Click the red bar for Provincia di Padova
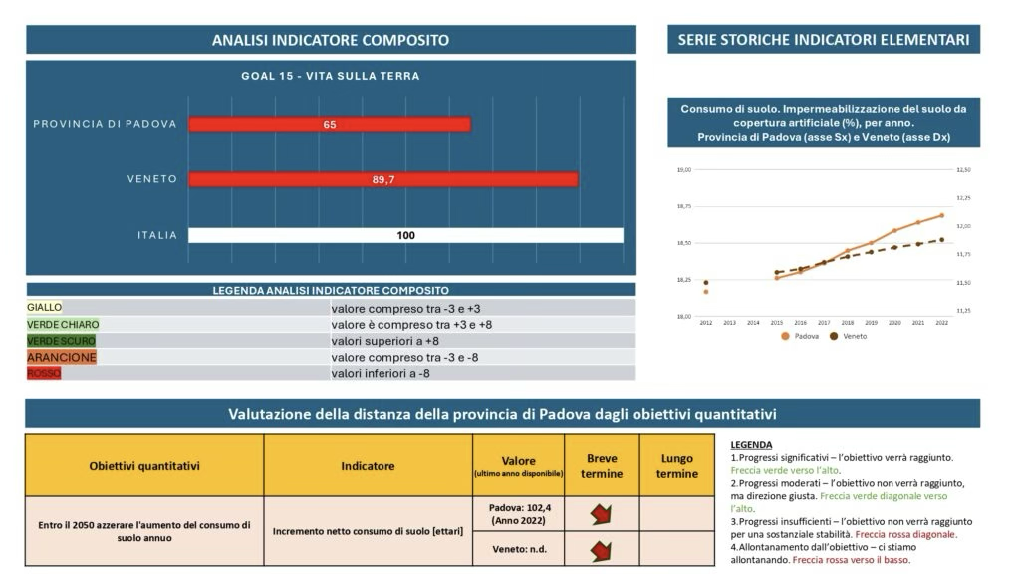point(330,125)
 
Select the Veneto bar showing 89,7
point(383,179)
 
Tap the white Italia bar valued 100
point(405,236)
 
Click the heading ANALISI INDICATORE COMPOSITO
point(330,40)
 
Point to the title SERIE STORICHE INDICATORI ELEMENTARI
point(823,40)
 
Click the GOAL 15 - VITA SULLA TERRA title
point(330,76)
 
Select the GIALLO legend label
point(45,308)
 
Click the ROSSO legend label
point(44,373)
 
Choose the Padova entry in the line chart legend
point(802,337)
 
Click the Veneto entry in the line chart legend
point(849,337)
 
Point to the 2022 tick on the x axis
point(941,323)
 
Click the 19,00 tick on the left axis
point(683,170)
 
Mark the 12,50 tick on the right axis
point(963,170)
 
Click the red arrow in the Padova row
point(602,515)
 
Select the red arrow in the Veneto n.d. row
point(602,550)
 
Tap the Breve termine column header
point(602,466)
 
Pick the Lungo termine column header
point(677,466)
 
